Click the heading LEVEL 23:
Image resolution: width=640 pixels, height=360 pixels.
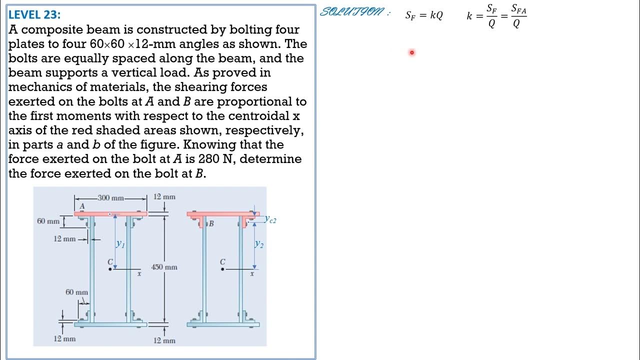34,14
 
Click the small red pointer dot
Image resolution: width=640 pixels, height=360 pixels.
412,52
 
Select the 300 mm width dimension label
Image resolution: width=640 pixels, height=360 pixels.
111,198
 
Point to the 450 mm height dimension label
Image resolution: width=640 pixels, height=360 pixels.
164,267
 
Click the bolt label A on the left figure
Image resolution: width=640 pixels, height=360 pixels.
82,206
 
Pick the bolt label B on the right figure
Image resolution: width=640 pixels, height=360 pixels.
211,223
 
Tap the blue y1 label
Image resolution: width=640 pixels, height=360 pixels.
120,244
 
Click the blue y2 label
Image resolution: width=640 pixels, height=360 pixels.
258,244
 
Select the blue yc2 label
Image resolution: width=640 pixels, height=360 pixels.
270,219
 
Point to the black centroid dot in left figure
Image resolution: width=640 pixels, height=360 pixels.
110,269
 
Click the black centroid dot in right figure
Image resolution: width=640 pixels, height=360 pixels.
222,269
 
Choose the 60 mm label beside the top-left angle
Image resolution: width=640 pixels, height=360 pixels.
48,221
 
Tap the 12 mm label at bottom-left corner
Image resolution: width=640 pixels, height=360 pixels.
64,338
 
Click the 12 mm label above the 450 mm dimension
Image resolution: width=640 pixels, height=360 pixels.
164,196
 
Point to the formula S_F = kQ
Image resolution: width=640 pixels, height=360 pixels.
424,15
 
